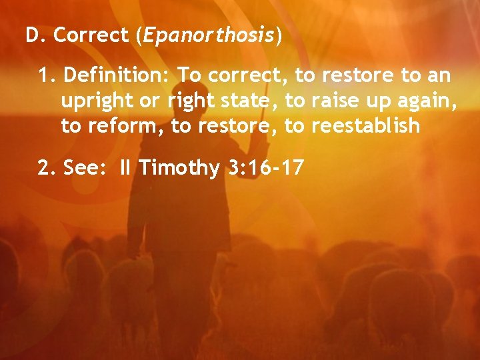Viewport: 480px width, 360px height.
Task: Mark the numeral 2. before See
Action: [x=47, y=169]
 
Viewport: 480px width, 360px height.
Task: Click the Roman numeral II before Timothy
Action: [x=125, y=169]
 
